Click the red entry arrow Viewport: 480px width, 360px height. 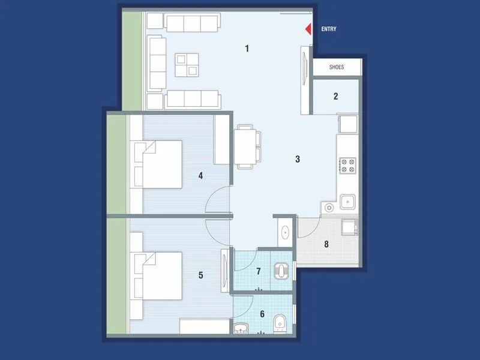pyautogui.click(x=308, y=29)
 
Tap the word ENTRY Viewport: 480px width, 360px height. pyautogui.click(x=329, y=29)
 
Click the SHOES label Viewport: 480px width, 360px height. pyautogui.click(x=337, y=67)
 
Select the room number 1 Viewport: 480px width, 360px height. pyautogui.click(x=247, y=48)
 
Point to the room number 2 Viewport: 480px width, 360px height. pyautogui.click(x=336, y=96)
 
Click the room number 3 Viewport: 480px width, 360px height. pyautogui.click(x=297, y=159)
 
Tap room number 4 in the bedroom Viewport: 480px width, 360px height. pyautogui.click(x=200, y=176)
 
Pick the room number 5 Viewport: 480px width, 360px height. pyautogui.click(x=200, y=275)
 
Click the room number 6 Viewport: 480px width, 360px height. pyautogui.click(x=262, y=313)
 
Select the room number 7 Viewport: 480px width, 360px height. pyautogui.click(x=259, y=271)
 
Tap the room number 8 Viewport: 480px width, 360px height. pyautogui.click(x=326, y=244)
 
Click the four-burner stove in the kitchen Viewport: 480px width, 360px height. pyautogui.click(x=348, y=165)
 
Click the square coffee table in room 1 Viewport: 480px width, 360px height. pyautogui.click(x=187, y=64)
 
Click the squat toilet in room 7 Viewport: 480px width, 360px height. pyautogui.click(x=281, y=271)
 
